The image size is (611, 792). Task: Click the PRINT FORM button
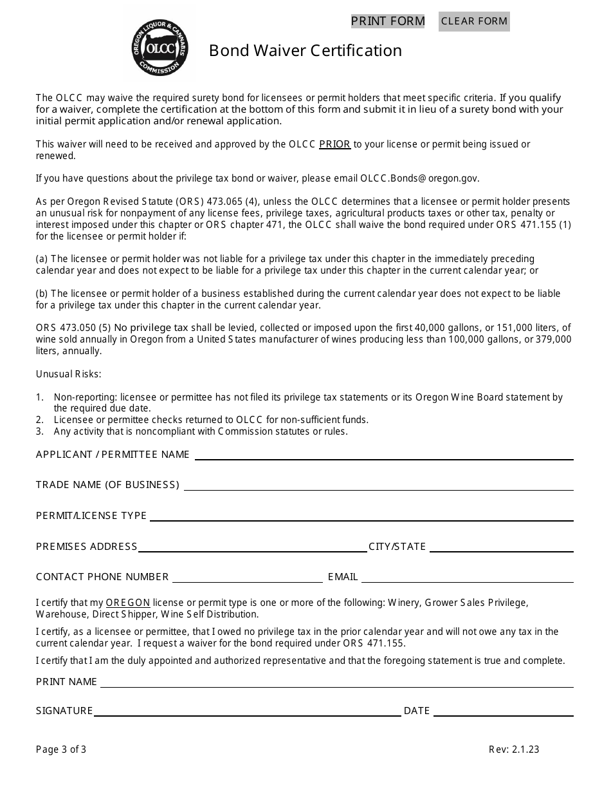pos(388,21)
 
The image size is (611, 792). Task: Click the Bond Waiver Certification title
pos(305,51)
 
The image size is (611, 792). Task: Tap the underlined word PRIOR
pos(334,144)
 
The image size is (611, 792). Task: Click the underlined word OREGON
pos(128,603)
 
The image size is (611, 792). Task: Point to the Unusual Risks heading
pos(69,374)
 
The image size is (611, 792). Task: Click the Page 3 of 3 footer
pos(61,749)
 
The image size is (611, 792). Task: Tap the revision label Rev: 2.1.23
pos(514,749)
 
